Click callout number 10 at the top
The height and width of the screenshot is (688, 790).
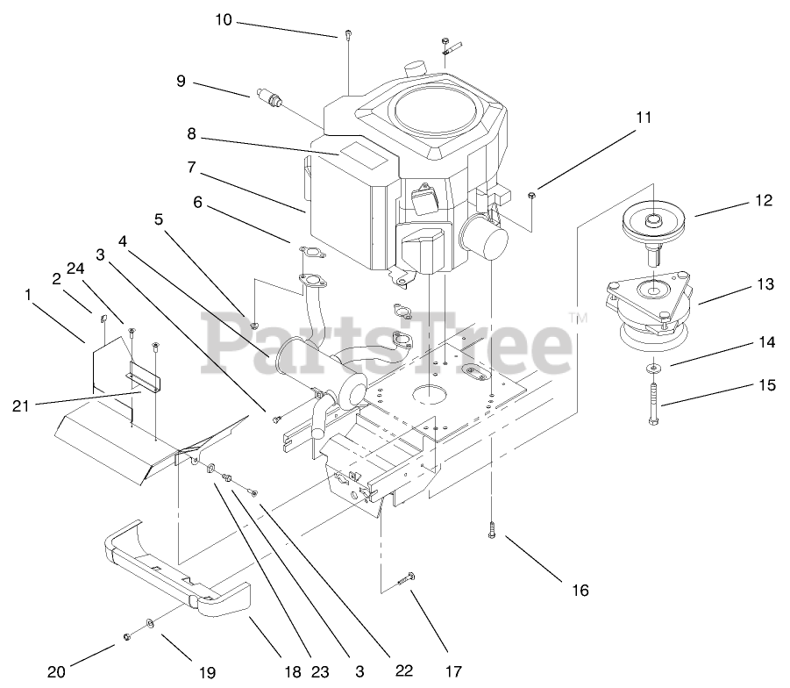click(224, 19)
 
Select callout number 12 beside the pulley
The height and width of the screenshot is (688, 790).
click(763, 200)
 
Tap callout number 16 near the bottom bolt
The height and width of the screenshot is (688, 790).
click(580, 590)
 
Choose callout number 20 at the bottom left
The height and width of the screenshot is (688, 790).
click(56, 673)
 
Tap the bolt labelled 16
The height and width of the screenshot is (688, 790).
click(491, 530)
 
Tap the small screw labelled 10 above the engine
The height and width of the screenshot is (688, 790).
click(349, 35)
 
